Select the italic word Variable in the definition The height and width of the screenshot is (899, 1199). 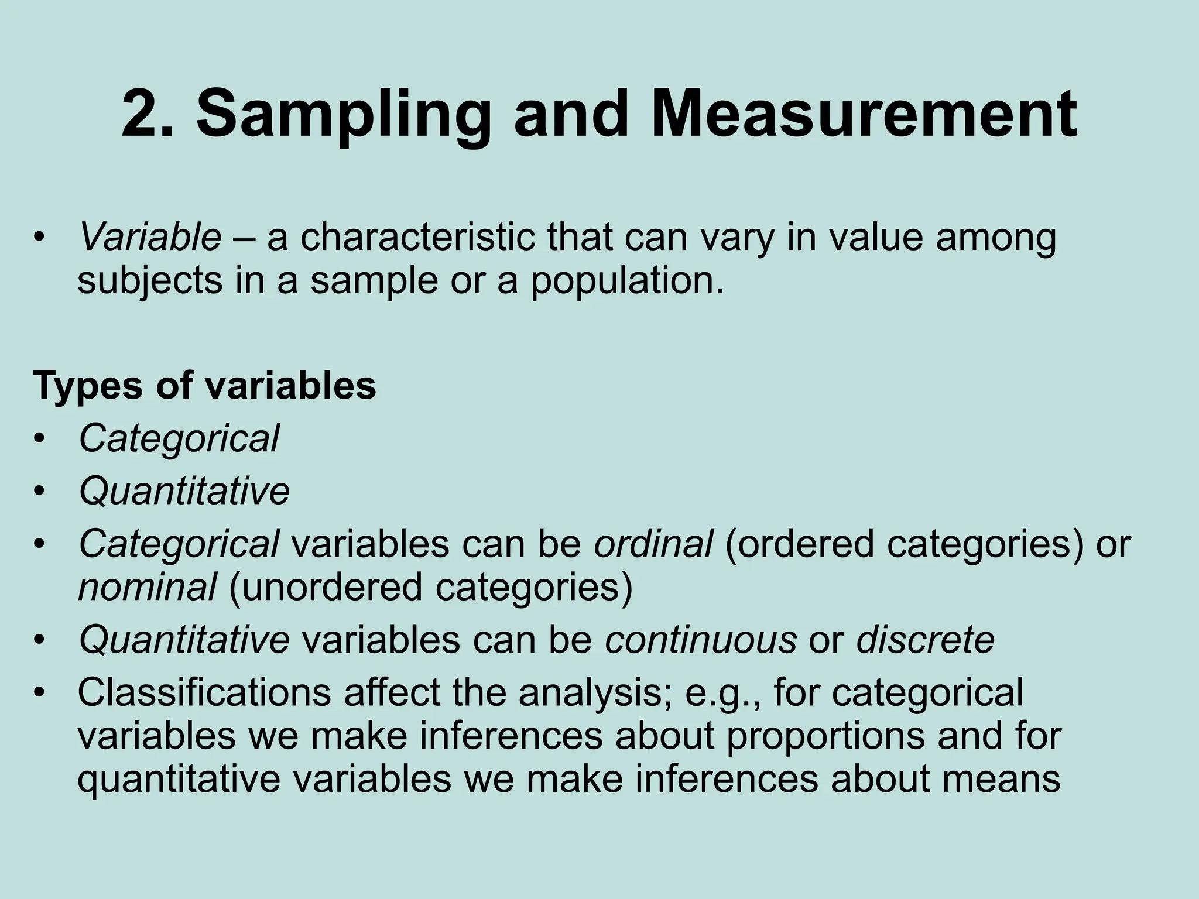tap(150, 238)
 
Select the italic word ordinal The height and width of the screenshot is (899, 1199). tap(653, 544)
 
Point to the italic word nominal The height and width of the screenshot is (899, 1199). tap(147, 587)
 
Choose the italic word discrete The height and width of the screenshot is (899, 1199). tap(926, 639)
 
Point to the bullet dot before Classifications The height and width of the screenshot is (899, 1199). tap(39, 693)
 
